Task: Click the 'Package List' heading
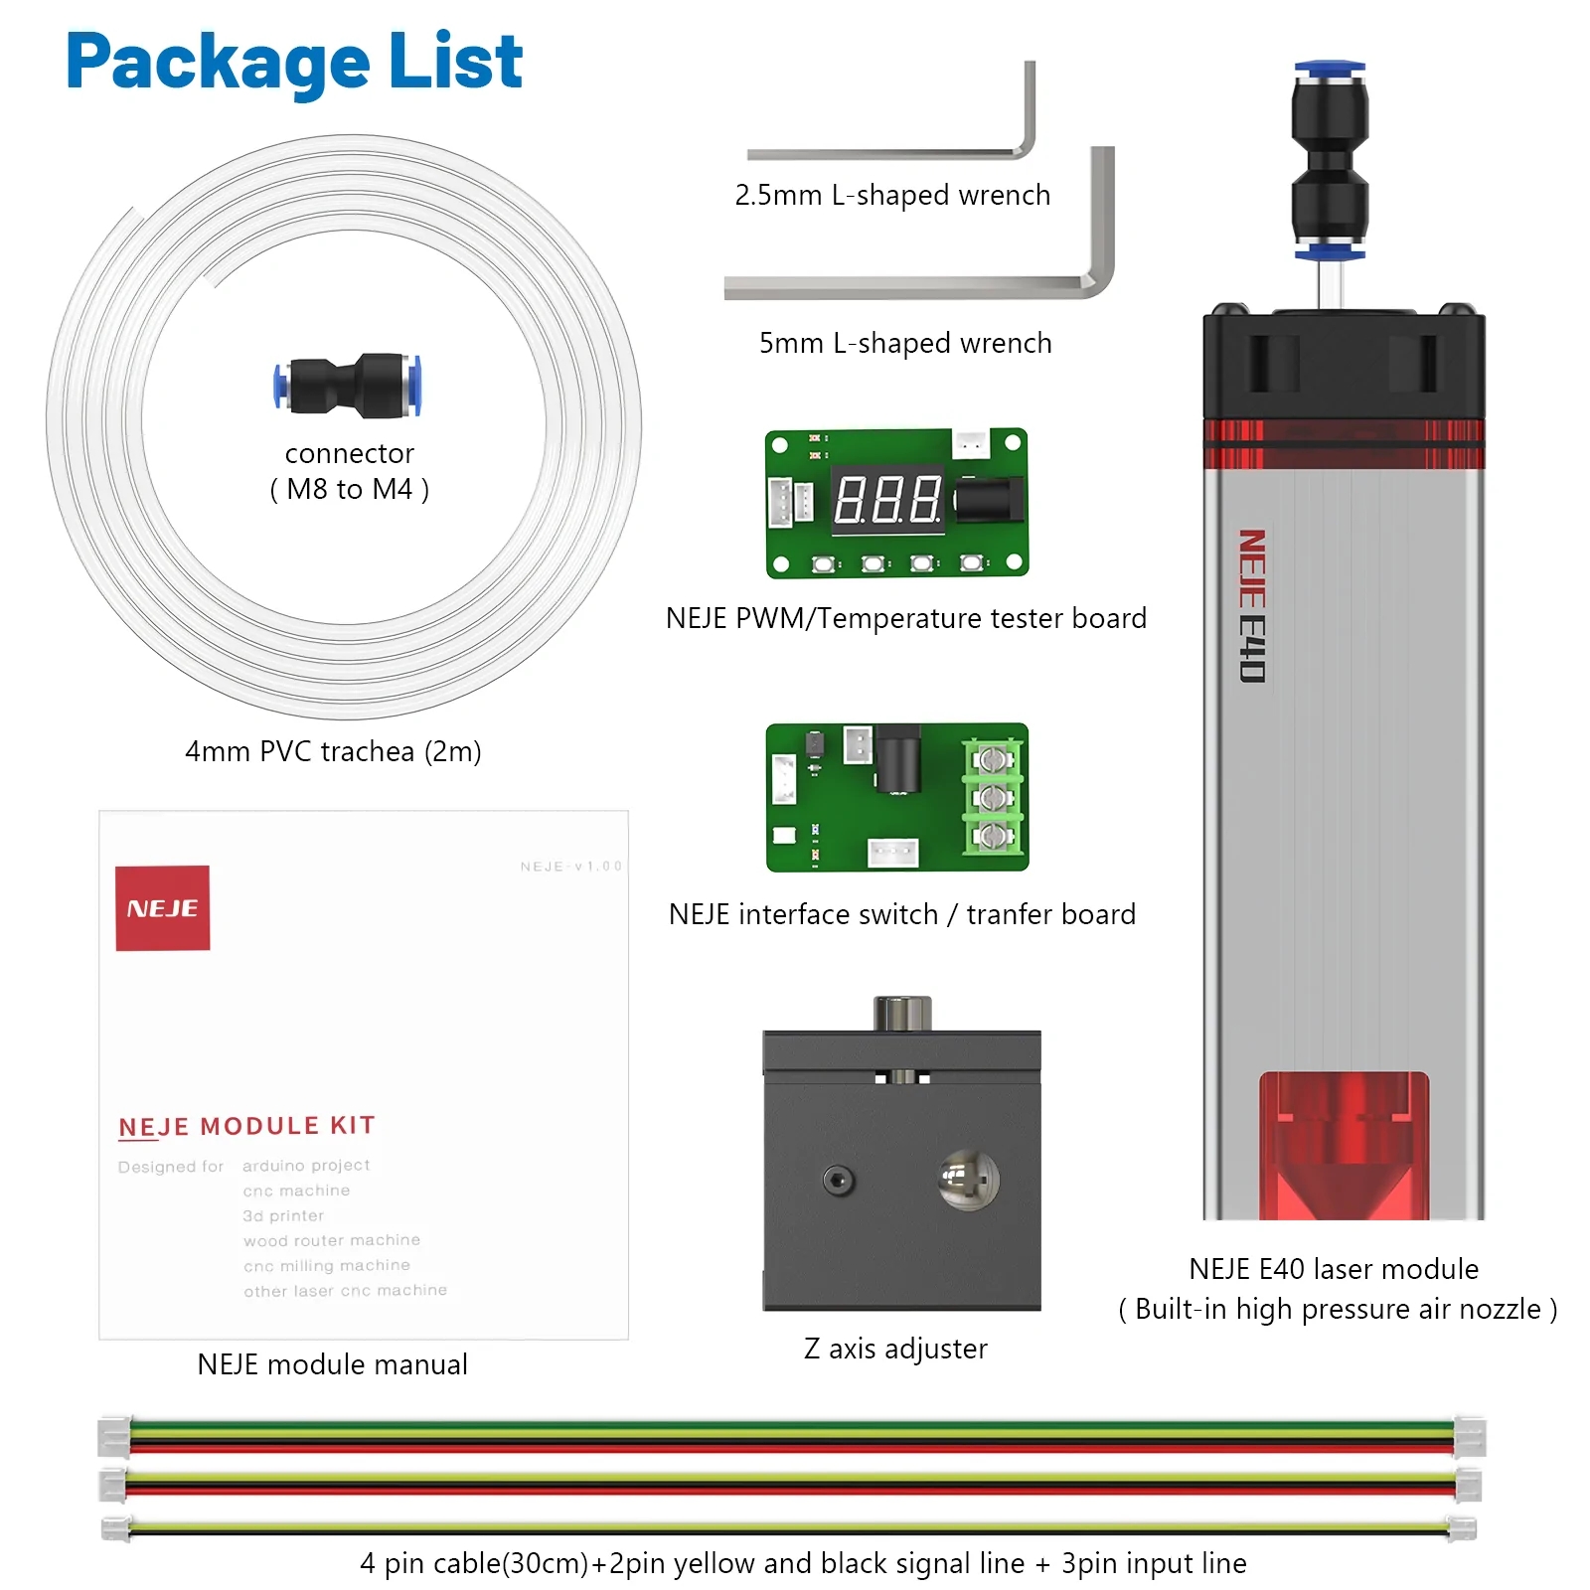pos(294,62)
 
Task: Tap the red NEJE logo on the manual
pos(162,907)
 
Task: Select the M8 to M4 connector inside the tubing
pos(348,384)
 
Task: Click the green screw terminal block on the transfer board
pos(992,798)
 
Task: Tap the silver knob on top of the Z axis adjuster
pos(902,1013)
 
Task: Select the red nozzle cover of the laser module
pos(1344,1143)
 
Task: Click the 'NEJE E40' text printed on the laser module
pos(1252,605)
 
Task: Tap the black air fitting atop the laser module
pos(1330,159)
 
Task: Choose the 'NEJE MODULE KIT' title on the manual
pos(246,1126)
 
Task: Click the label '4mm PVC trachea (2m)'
pos(333,751)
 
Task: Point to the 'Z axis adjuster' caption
pos(895,1349)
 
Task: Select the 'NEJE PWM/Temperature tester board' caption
pos(905,618)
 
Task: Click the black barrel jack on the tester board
pos(989,499)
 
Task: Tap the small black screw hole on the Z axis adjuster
pos(839,1181)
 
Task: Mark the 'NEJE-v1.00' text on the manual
pos(570,867)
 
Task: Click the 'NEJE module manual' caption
pos(332,1364)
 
